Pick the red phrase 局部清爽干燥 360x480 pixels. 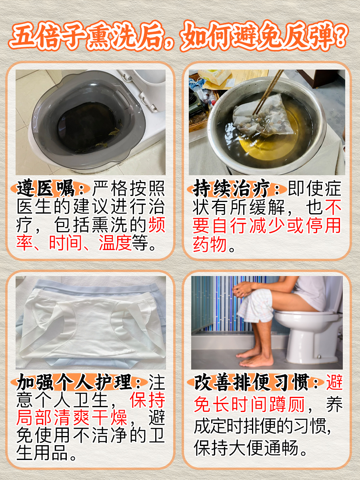72,418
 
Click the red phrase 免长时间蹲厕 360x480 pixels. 249,405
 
